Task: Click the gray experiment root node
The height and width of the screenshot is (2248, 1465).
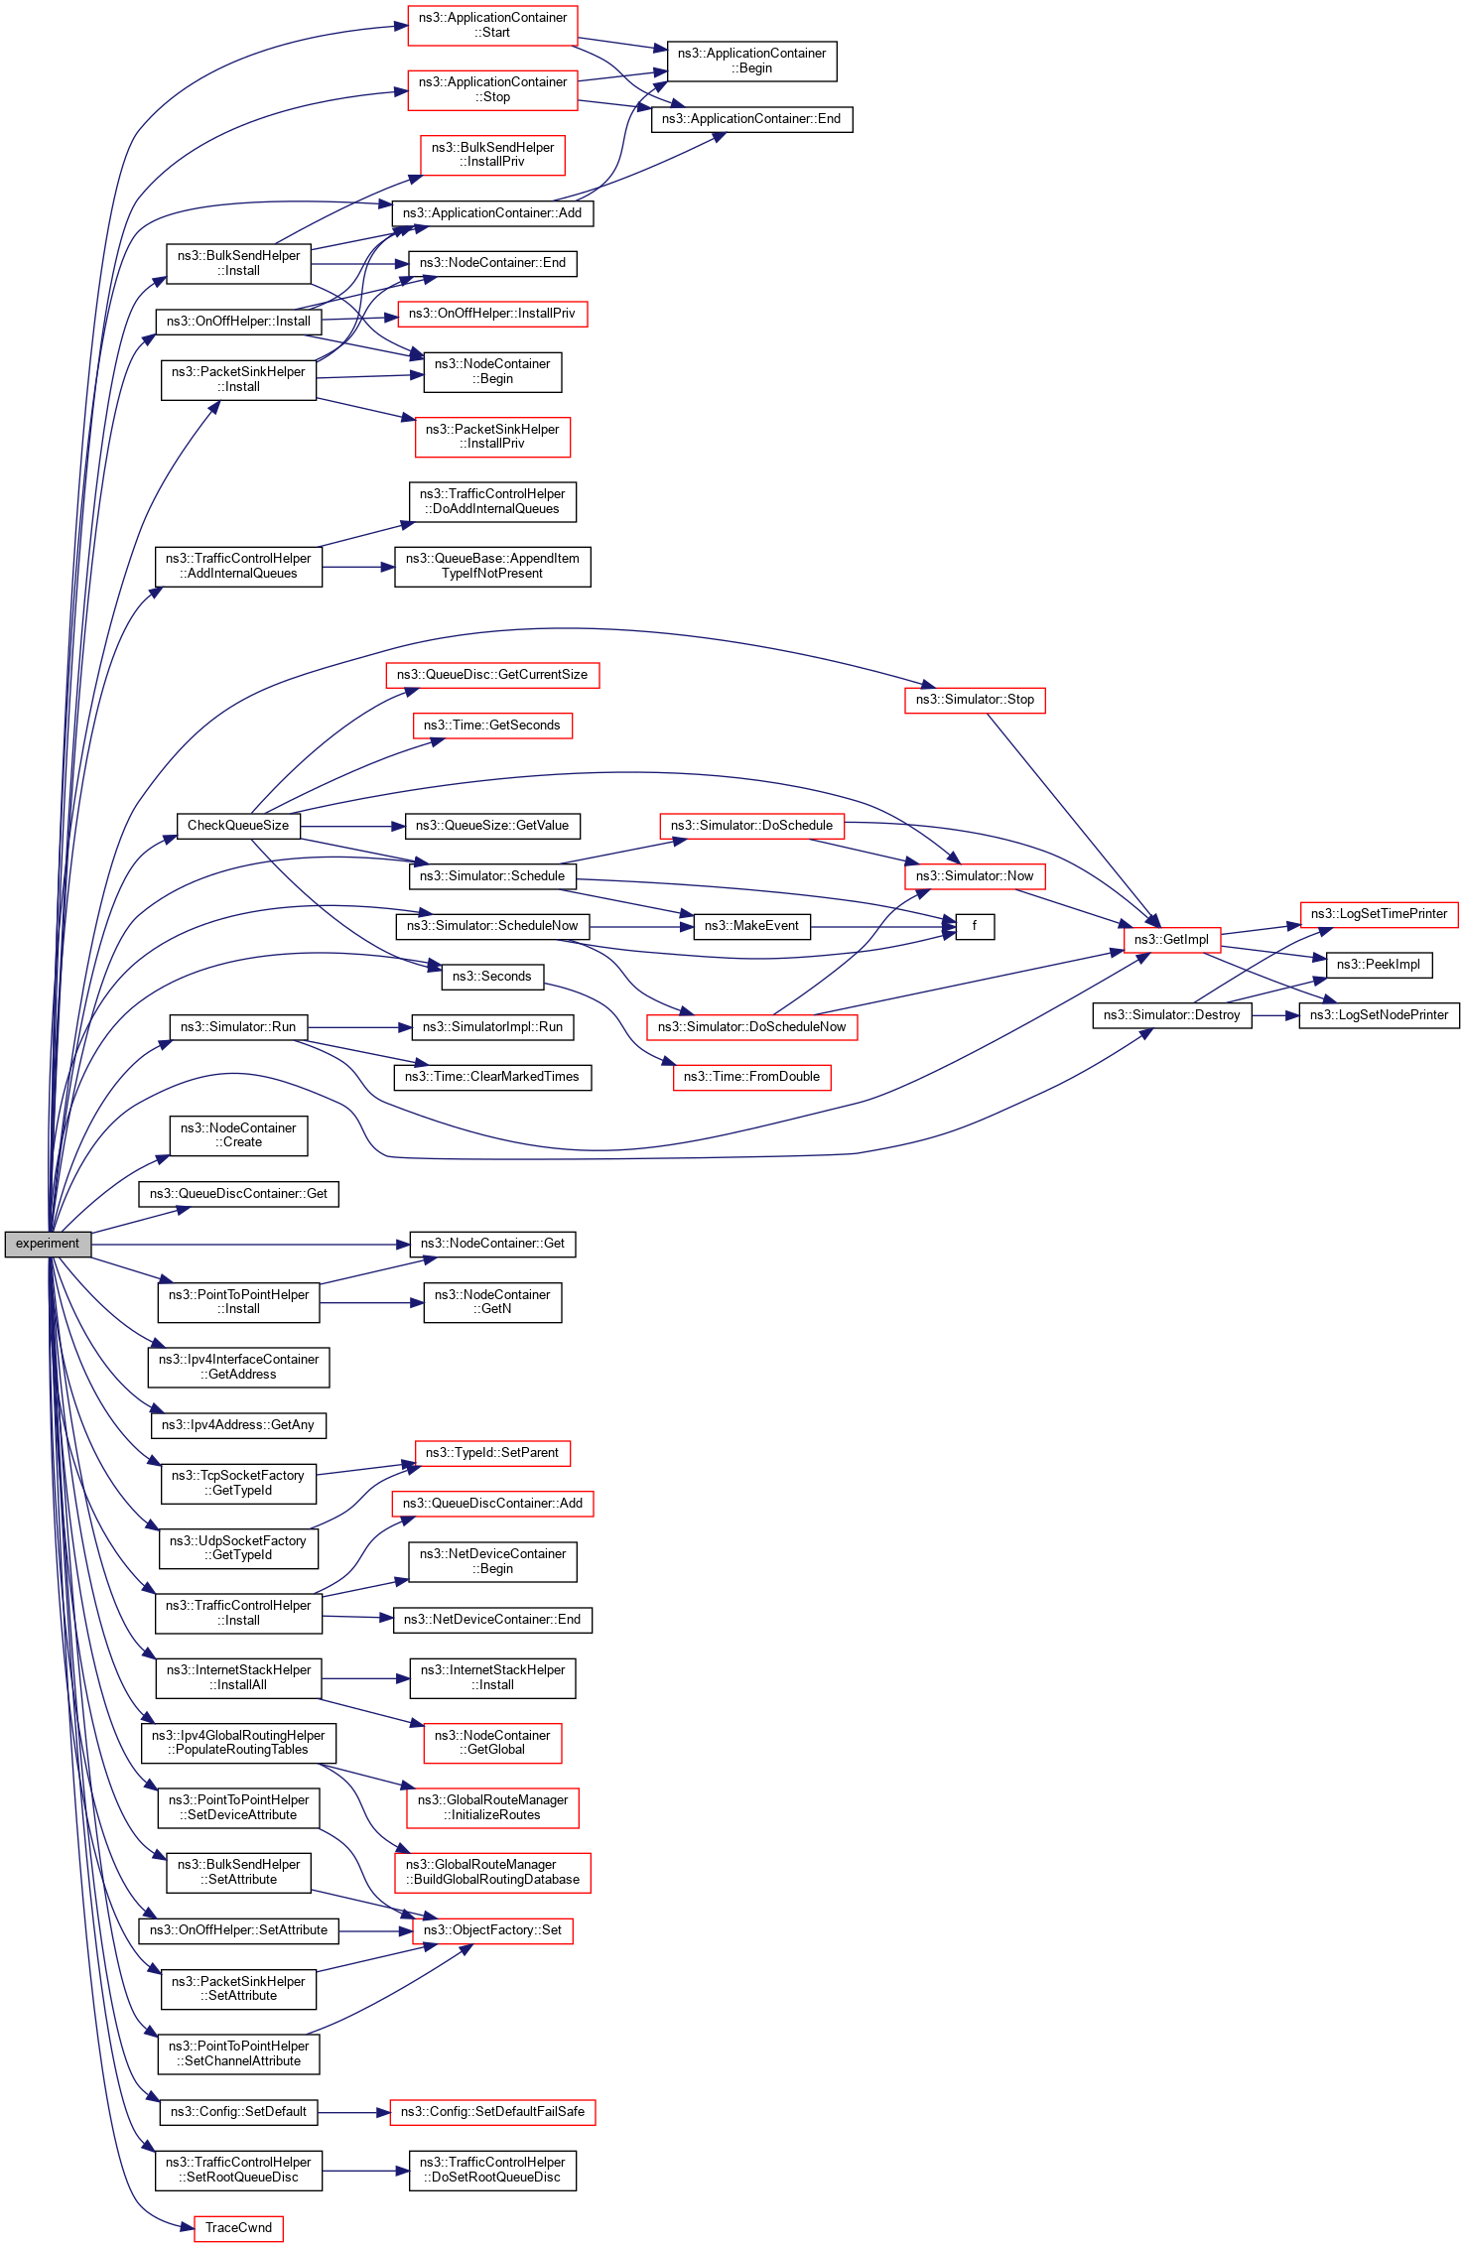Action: [x=48, y=1244]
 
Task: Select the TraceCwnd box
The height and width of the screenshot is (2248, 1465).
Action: [x=238, y=2227]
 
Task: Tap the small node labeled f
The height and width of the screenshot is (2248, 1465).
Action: [x=975, y=926]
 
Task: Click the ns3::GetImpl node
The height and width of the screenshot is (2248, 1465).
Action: [x=1171, y=939]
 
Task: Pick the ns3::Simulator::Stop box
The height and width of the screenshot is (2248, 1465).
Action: [x=975, y=700]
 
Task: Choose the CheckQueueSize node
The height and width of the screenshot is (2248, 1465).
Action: [x=238, y=826]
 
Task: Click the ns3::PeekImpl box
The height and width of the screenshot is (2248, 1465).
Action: [x=1378, y=964]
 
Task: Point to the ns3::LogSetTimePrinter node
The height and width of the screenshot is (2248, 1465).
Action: [x=1379, y=914]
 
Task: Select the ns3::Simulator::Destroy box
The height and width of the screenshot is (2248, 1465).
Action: [x=1171, y=1015]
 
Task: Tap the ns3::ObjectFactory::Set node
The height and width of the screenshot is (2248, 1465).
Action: [x=492, y=1929]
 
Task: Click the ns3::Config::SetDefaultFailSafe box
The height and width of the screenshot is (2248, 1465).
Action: [x=492, y=2111]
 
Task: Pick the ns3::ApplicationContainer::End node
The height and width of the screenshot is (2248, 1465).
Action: [x=751, y=119]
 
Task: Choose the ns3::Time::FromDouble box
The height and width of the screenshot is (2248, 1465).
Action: [x=751, y=1077]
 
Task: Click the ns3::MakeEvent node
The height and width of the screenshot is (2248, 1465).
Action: [x=751, y=926]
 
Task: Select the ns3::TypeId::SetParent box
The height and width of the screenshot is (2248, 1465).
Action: [x=492, y=1453]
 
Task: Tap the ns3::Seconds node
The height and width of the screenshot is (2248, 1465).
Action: [x=492, y=977]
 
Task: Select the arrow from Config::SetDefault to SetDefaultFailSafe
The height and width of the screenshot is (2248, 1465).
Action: [x=353, y=2112]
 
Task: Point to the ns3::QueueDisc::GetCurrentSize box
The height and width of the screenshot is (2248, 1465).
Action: [x=492, y=675]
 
